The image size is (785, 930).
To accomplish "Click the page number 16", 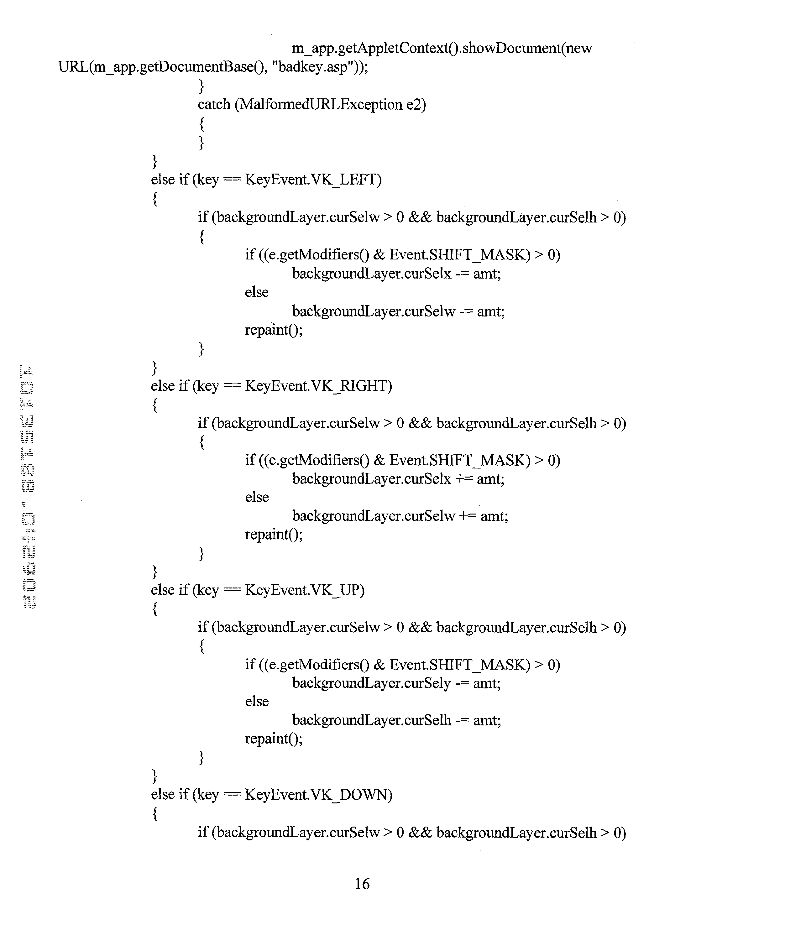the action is pyautogui.click(x=362, y=883).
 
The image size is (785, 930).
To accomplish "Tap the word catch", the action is pyautogui.click(x=214, y=105).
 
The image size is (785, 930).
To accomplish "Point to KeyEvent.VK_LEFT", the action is pyautogui.click(x=313, y=180).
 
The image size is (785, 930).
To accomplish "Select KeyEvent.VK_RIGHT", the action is pyautogui.click(x=318, y=386).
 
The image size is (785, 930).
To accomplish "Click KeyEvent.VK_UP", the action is pyautogui.click(x=304, y=590).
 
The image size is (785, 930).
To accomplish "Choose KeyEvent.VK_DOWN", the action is pyautogui.click(x=318, y=794).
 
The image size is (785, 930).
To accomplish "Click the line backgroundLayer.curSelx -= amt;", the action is pyautogui.click(x=396, y=274).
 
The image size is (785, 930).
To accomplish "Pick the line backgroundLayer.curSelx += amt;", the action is pyautogui.click(x=398, y=479).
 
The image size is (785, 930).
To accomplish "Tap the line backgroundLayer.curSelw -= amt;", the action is pyautogui.click(x=398, y=311).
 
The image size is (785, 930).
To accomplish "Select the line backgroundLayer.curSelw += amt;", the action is pyautogui.click(x=400, y=516).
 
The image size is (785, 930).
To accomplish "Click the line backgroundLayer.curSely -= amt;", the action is pyautogui.click(x=396, y=683).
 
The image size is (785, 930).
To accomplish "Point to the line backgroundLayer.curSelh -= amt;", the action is pyautogui.click(x=396, y=720).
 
